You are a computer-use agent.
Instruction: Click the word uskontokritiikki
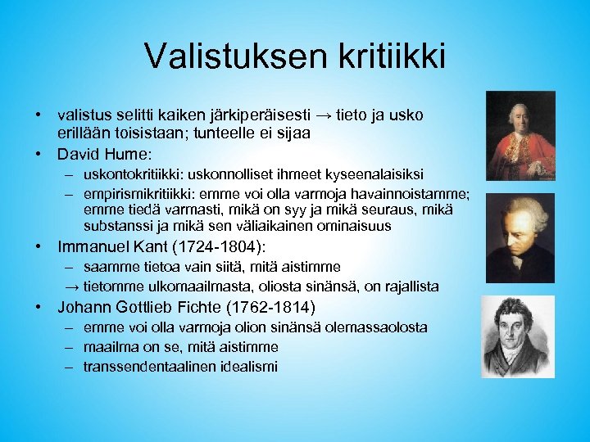coord(134,174)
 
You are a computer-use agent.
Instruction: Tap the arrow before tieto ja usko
coord(348,116)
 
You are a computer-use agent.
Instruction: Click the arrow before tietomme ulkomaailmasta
coord(72,286)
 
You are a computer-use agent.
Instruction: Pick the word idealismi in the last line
coord(249,366)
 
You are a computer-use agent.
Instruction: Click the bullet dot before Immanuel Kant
coord(39,246)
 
